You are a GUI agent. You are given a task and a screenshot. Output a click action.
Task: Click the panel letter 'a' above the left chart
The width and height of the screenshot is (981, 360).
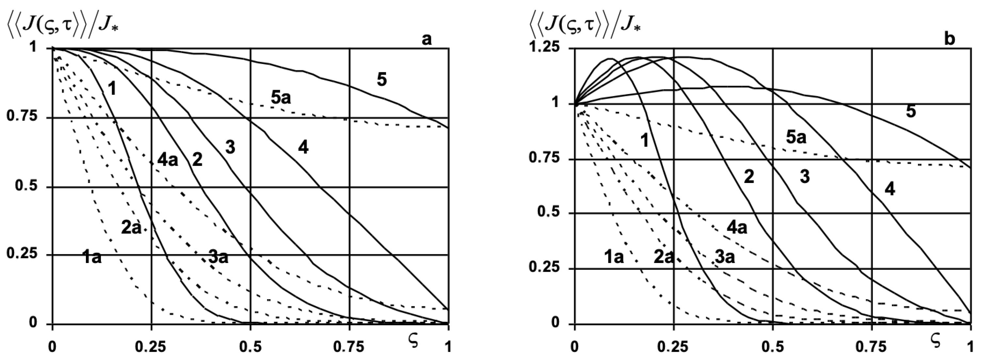pos(427,39)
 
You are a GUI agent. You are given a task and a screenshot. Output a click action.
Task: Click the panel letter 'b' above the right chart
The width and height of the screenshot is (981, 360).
pos(950,39)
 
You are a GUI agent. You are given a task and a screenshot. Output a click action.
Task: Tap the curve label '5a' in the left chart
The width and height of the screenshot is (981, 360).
pos(281,98)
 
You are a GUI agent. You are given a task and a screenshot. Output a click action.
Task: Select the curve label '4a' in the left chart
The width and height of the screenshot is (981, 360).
pos(168,160)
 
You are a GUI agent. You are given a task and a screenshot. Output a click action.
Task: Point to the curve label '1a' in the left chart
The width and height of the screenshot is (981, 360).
pos(92,258)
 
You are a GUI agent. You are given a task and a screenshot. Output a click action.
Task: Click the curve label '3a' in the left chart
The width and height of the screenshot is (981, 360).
pos(218,257)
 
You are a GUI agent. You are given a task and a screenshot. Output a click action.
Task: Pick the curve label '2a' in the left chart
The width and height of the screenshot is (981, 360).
pos(131,228)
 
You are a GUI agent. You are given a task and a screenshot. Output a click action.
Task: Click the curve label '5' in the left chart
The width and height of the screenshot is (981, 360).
pos(381,80)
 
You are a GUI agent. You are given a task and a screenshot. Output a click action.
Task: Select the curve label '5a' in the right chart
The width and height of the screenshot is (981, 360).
pos(796,137)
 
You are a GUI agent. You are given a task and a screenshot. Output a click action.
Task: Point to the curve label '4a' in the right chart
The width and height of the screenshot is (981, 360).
pos(737,228)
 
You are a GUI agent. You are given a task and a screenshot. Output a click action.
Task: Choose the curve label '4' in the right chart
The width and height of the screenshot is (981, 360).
pos(890,189)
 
